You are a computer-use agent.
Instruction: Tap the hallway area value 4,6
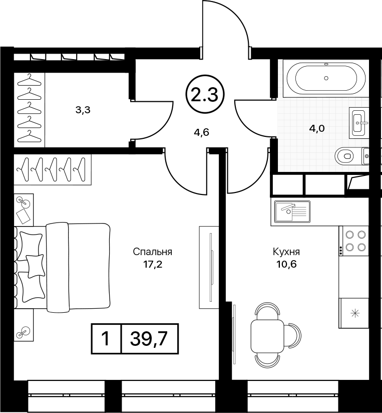click(202, 132)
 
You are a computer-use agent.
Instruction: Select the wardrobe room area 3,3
click(83, 110)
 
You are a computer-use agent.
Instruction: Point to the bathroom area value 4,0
click(317, 128)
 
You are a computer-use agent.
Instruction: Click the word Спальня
click(153, 252)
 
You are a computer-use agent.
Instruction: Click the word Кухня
click(286, 252)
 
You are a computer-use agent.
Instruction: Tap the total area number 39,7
click(149, 338)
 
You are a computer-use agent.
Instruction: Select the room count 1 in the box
click(106, 338)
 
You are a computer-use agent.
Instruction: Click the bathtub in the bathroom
click(326, 78)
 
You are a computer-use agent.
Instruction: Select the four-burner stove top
click(353, 241)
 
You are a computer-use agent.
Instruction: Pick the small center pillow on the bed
click(35, 266)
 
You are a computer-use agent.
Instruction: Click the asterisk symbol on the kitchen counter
click(355, 313)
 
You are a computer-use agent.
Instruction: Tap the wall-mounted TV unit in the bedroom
click(209, 267)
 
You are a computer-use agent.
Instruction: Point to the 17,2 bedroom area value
click(153, 264)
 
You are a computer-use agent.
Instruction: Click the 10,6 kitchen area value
click(286, 264)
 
